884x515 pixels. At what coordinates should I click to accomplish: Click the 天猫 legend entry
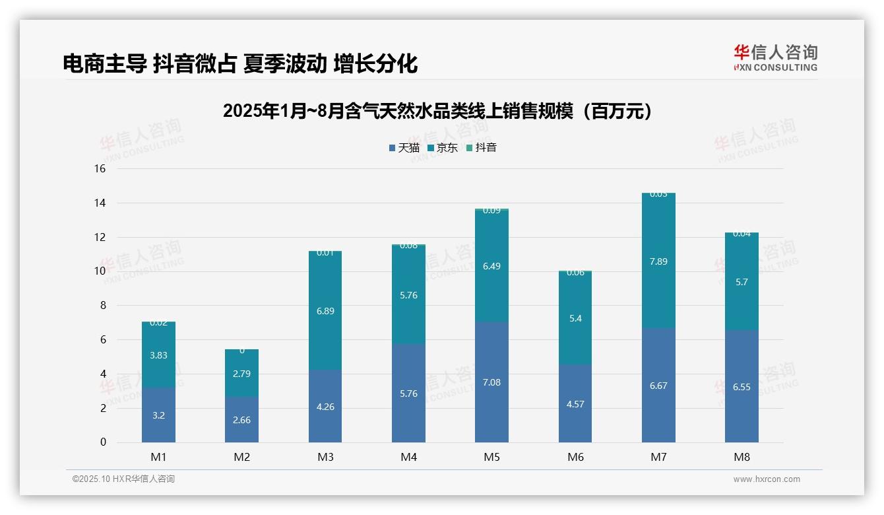404,148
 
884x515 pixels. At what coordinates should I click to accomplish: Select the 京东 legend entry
443,148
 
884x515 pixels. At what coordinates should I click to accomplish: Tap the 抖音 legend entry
482,148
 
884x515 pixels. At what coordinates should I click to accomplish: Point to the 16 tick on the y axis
100,169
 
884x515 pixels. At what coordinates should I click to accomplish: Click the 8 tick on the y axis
102,306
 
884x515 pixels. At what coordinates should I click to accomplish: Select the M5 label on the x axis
491,457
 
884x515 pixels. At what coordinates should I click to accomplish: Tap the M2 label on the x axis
241,457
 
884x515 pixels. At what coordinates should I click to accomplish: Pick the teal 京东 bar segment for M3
325,310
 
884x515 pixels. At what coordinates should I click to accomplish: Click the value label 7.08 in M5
491,382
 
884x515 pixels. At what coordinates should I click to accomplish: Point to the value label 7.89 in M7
658,261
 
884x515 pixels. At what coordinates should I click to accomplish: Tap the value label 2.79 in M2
241,374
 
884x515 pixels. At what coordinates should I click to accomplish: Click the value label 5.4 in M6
575,318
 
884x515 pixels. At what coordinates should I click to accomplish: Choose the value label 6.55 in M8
742,387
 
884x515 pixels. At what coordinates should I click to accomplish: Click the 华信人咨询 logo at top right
775,57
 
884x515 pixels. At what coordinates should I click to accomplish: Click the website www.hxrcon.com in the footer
767,479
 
